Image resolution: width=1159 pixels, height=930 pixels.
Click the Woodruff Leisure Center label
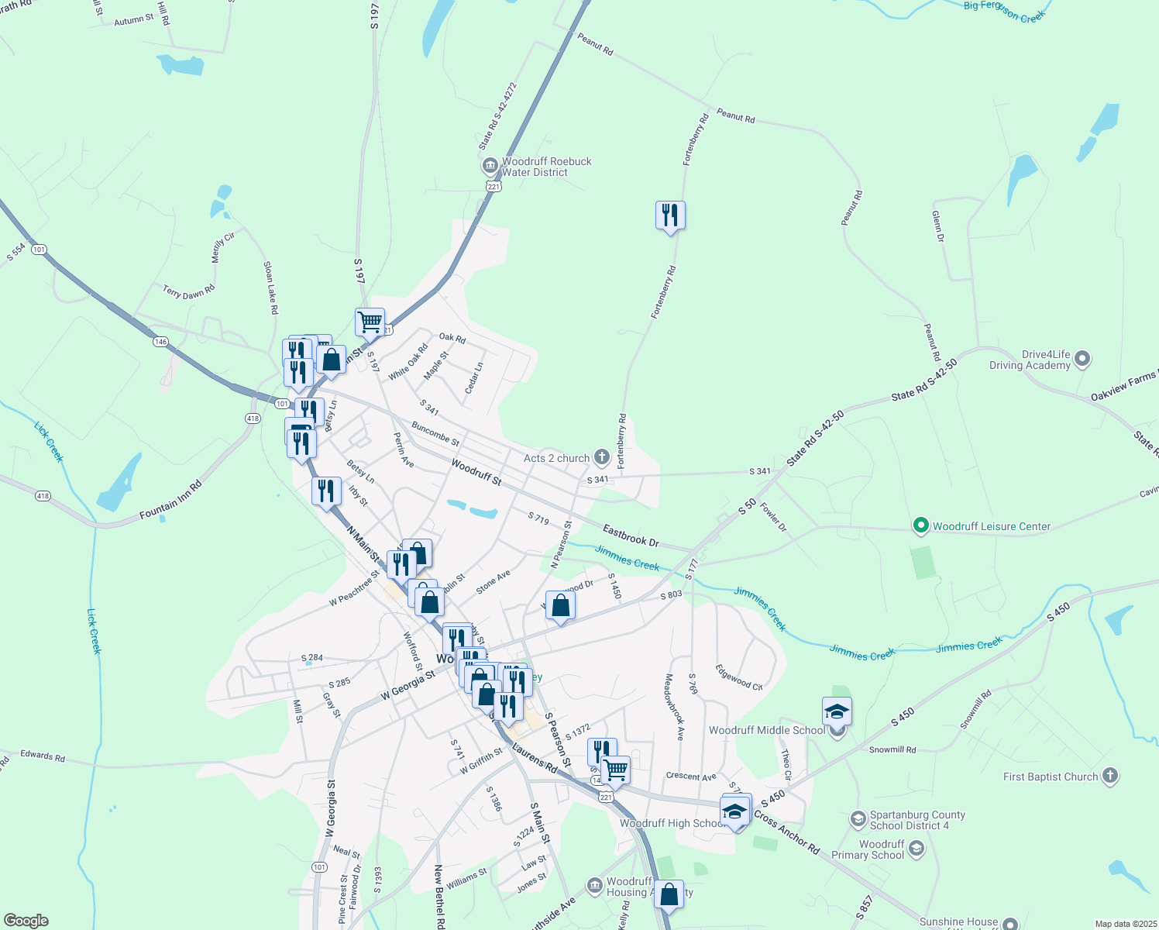pyautogui.click(x=991, y=526)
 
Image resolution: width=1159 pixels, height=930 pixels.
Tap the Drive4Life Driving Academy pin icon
pyautogui.click(x=1083, y=359)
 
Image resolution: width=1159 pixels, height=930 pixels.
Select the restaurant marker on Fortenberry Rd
pyautogui.click(x=670, y=215)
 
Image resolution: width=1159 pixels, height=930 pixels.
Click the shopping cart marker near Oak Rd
pyautogui.click(x=370, y=322)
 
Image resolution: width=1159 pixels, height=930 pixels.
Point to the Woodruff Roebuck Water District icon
pyautogui.click(x=490, y=166)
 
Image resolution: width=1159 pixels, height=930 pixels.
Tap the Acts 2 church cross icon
pyautogui.click(x=602, y=457)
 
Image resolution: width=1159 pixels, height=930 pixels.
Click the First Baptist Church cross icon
pyautogui.click(x=1109, y=776)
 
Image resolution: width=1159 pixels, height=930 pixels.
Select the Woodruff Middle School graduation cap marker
pyautogui.click(x=837, y=712)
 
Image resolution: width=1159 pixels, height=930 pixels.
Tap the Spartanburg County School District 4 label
pyautogui.click(x=917, y=820)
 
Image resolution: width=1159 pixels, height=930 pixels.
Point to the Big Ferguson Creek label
pyautogui.click(x=1004, y=11)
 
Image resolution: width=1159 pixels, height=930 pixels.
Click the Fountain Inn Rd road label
pyautogui.click(x=170, y=500)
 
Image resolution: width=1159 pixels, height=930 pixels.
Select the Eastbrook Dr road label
pyautogui.click(x=631, y=536)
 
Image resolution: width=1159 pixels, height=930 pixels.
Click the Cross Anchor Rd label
pyautogui.click(x=786, y=832)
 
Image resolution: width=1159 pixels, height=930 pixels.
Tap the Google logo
pyautogui.click(x=26, y=920)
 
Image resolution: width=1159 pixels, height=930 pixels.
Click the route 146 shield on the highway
pyautogui.click(x=160, y=342)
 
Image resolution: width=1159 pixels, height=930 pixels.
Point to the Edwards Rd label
pyautogui.click(x=43, y=755)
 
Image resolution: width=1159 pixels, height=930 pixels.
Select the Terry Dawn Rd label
pyautogui.click(x=188, y=291)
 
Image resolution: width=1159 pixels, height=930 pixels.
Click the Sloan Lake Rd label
pyautogui.click(x=270, y=288)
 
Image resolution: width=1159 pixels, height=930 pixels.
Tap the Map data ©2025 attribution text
pyautogui.click(x=1125, y=923)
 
